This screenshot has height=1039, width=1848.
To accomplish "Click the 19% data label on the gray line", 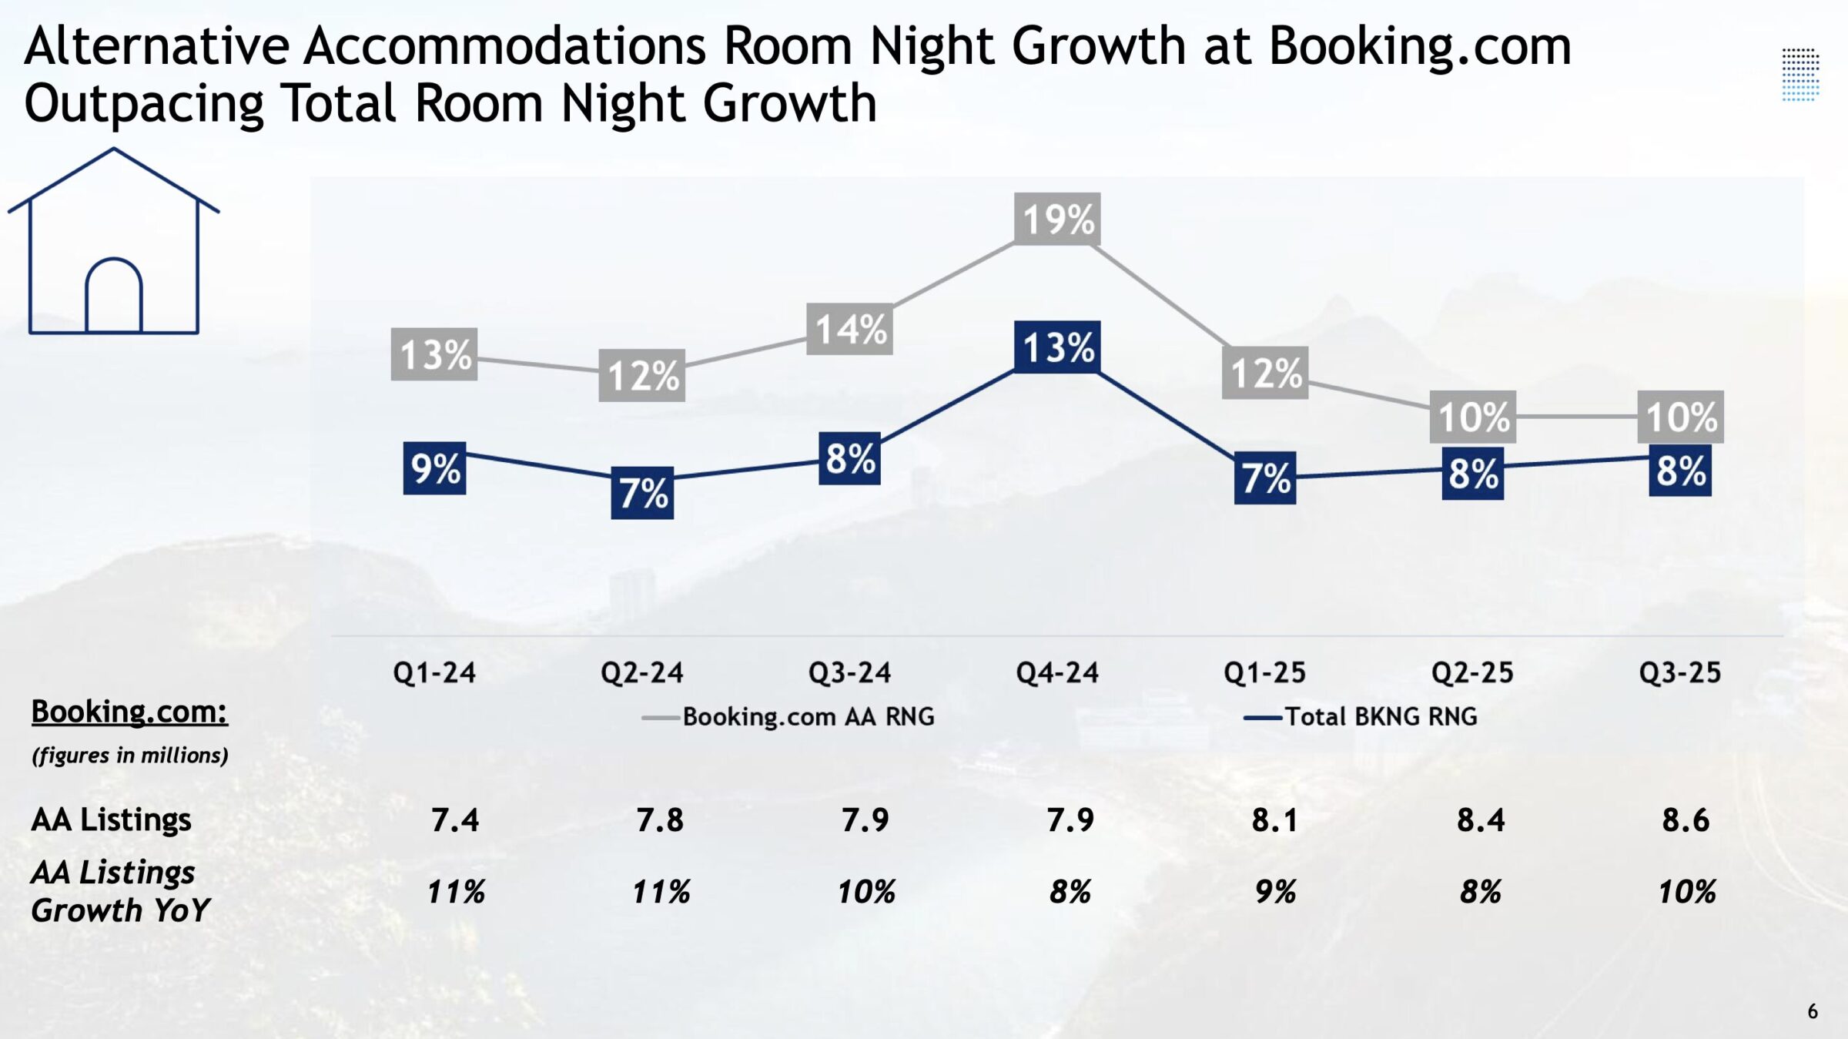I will [1057, 220].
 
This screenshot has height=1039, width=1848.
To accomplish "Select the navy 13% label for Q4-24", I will [1057, 347].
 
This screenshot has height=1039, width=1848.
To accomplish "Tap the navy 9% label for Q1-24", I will [435, 468].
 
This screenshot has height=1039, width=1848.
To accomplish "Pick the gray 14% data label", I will [849, 330].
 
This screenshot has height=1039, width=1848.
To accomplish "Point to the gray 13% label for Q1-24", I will [434, 355].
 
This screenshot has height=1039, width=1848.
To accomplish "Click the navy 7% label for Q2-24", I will [642, 493].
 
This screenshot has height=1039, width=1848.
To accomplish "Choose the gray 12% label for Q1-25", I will [1265, 374].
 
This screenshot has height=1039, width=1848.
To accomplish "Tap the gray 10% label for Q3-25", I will [1680, 417].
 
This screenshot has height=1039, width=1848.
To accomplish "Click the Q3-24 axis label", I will [849, 673].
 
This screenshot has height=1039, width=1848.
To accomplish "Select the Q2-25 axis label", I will [1472, 673].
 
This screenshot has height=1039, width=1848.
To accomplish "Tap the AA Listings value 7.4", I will [455, 820].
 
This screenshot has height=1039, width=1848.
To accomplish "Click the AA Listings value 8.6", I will [1686, 820].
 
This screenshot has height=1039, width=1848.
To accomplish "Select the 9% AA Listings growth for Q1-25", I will [1275, 892].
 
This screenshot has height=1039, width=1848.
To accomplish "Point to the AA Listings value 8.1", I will [1275, 820].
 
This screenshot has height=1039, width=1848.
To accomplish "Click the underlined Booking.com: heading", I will [129, 712].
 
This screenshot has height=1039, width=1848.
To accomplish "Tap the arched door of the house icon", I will [114, 297].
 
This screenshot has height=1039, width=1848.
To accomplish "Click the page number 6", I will [1813, 1011].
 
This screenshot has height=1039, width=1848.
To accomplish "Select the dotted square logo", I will [1800, 75].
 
